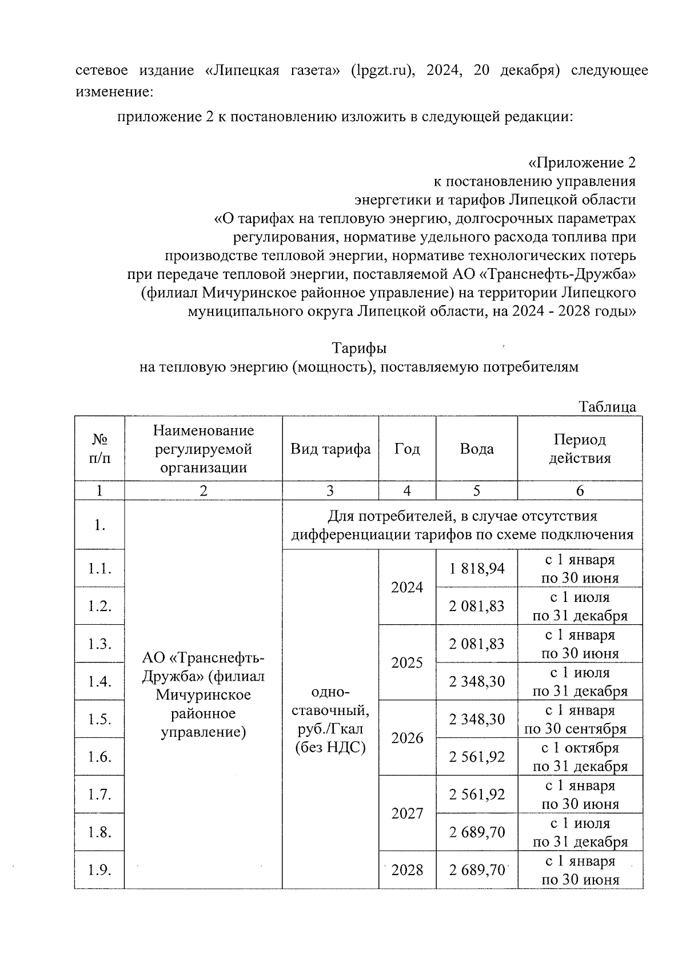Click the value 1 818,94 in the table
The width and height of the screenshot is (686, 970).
pos(477,568)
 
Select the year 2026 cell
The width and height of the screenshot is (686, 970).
pos(407,738)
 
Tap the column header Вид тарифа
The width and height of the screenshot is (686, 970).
pos(330,449)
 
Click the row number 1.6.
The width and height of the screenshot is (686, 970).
pos(99,757)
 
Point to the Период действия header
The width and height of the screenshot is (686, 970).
pos(580,449)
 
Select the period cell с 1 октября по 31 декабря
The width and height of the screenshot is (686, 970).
pos(580,757)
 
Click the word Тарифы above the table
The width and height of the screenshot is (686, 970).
pos(359,348)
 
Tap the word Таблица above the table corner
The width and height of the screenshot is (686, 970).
pos(607,407)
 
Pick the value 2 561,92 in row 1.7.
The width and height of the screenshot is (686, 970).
pos(477,794)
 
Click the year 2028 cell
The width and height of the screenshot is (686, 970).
pos(407,870)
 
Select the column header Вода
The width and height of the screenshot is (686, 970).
pos(477,449)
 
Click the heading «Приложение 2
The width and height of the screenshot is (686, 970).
pos(581,163)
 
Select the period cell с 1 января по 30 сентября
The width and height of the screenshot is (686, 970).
pos(580,719)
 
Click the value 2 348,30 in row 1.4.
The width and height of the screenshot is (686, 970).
pos(477,681)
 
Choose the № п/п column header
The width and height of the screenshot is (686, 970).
pos(99,449)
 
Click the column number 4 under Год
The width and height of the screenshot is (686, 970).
pos(407,490)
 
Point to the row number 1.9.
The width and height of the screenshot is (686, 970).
pos(99,870)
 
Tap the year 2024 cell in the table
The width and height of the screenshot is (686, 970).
pos(407,587)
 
